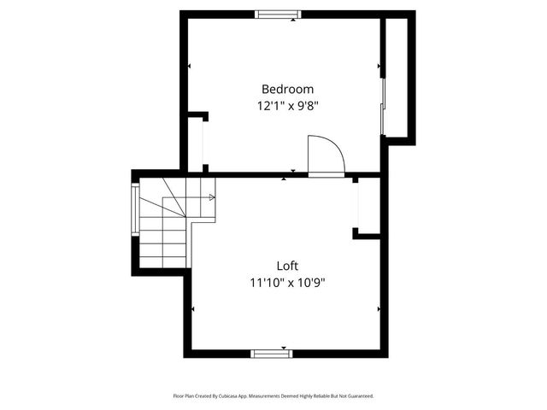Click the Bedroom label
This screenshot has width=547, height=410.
[x=287, y=89]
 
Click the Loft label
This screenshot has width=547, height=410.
[x=287, y=266]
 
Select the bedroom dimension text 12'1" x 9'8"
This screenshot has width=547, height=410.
[x=287, y=106]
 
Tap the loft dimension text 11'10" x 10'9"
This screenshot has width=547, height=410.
[x=287, y=282]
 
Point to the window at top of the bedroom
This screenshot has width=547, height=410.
[x=278, y=14]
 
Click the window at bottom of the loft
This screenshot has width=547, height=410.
[x=272, y=353]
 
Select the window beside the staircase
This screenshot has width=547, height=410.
[x=134, y=210]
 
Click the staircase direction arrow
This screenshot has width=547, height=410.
[x=211, y=197]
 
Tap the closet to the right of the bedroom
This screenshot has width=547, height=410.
[x=399, y=77]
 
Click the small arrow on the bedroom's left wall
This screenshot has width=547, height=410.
[x=190, y=66]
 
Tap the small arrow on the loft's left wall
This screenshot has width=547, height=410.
[x=195, y=309]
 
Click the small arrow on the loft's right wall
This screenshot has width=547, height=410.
[x=379, y=309]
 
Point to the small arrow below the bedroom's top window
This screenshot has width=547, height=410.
[x=293, y=20]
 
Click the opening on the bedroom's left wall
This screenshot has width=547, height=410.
[x=203, y=142]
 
